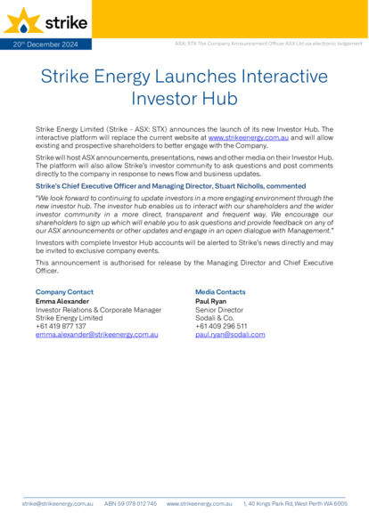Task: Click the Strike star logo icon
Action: pyautogui.click(x=20, y=20)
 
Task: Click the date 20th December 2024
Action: pyautogui.click(x=45, y=44)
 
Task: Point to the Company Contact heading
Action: pyautogui.click(x=64, y=291)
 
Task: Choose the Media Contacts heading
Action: pyautogui.click(x=220, y=291)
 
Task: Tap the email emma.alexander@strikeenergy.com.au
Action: pyautogui.click(x=97, y=334)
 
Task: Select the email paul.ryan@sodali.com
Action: pyautogui.click(x=230, y=334)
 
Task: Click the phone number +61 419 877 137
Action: pyautogui.click(x=61, y=326)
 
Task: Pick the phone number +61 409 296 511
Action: pyautogui.click(x=221, y=326)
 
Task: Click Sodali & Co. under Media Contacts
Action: pyautogui.click(x=214, y=318)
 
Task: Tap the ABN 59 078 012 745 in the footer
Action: pyautogui.click(x=130, y=504)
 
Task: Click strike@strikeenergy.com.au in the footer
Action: pyautogui.click(x=58, y=504)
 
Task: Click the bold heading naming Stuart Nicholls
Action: pyautogui.click(x=170, y=186)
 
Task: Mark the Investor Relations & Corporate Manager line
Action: pyautogui.click(x=98, y=310)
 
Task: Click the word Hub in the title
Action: pyautogui.click(x=219, y=99)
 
